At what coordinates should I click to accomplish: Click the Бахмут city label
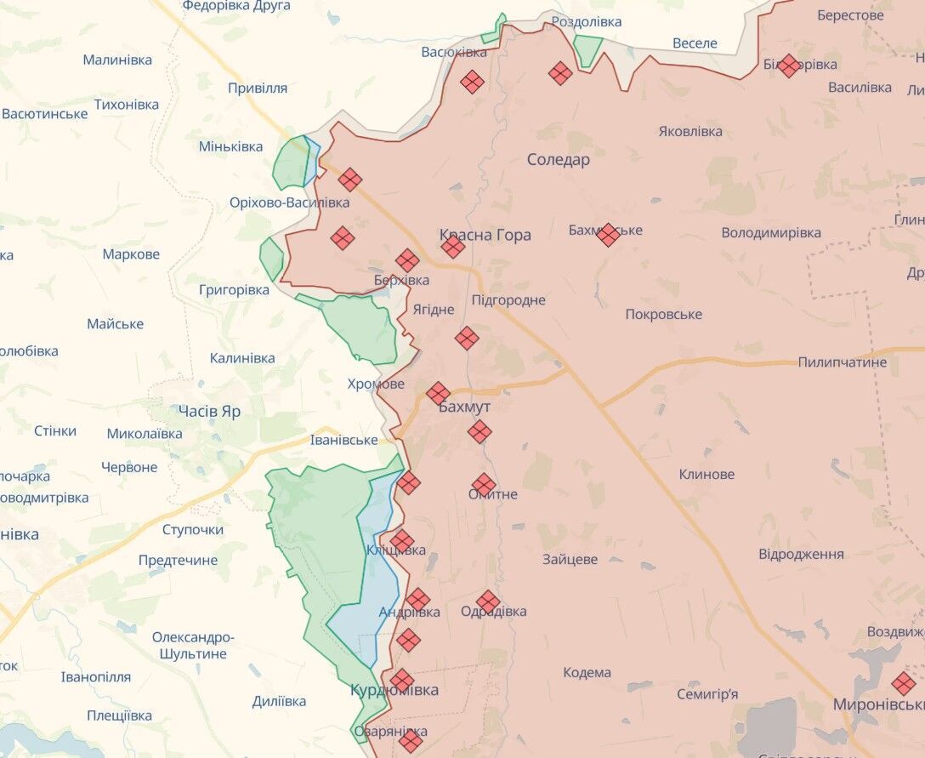pyautogui.click(x=464, y=407)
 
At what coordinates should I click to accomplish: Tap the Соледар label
pyautogui.click(x=558, y=159)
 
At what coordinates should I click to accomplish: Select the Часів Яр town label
pyautogui.click(x=209, y=411)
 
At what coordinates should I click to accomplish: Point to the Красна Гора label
pyautogui.click(x=485, y=235)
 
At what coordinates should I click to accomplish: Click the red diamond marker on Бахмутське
pyautogui.click(x=608, y=235)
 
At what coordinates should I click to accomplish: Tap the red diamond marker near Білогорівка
pyautogui.click(x=789, y=66)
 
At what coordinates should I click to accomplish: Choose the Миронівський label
pyautogui.click(x=877, y=704)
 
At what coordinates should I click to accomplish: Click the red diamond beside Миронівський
pyautogui.click(x=904, y=683)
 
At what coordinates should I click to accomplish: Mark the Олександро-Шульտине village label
pyautogui.click(x=193, y=645)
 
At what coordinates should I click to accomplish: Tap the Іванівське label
pyautogui.click(x=343, y=440)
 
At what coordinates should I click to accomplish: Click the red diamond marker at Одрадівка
pyautogui.click(x=488, y=602)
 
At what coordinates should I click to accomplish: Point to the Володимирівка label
pyautogui.click(x=771, y=232)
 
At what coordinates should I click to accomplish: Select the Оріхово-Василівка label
pyautogui.click(x=289, y=202)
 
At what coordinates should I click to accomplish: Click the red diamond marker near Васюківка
pyautogui.click(x=472, y=82)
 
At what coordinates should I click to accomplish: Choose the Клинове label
pyautogui.click(x=707, y=474)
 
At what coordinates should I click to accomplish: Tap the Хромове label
pyautogui.click(x=376, y=384)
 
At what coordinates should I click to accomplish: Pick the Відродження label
pyautogui.click(x=801, y=554)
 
